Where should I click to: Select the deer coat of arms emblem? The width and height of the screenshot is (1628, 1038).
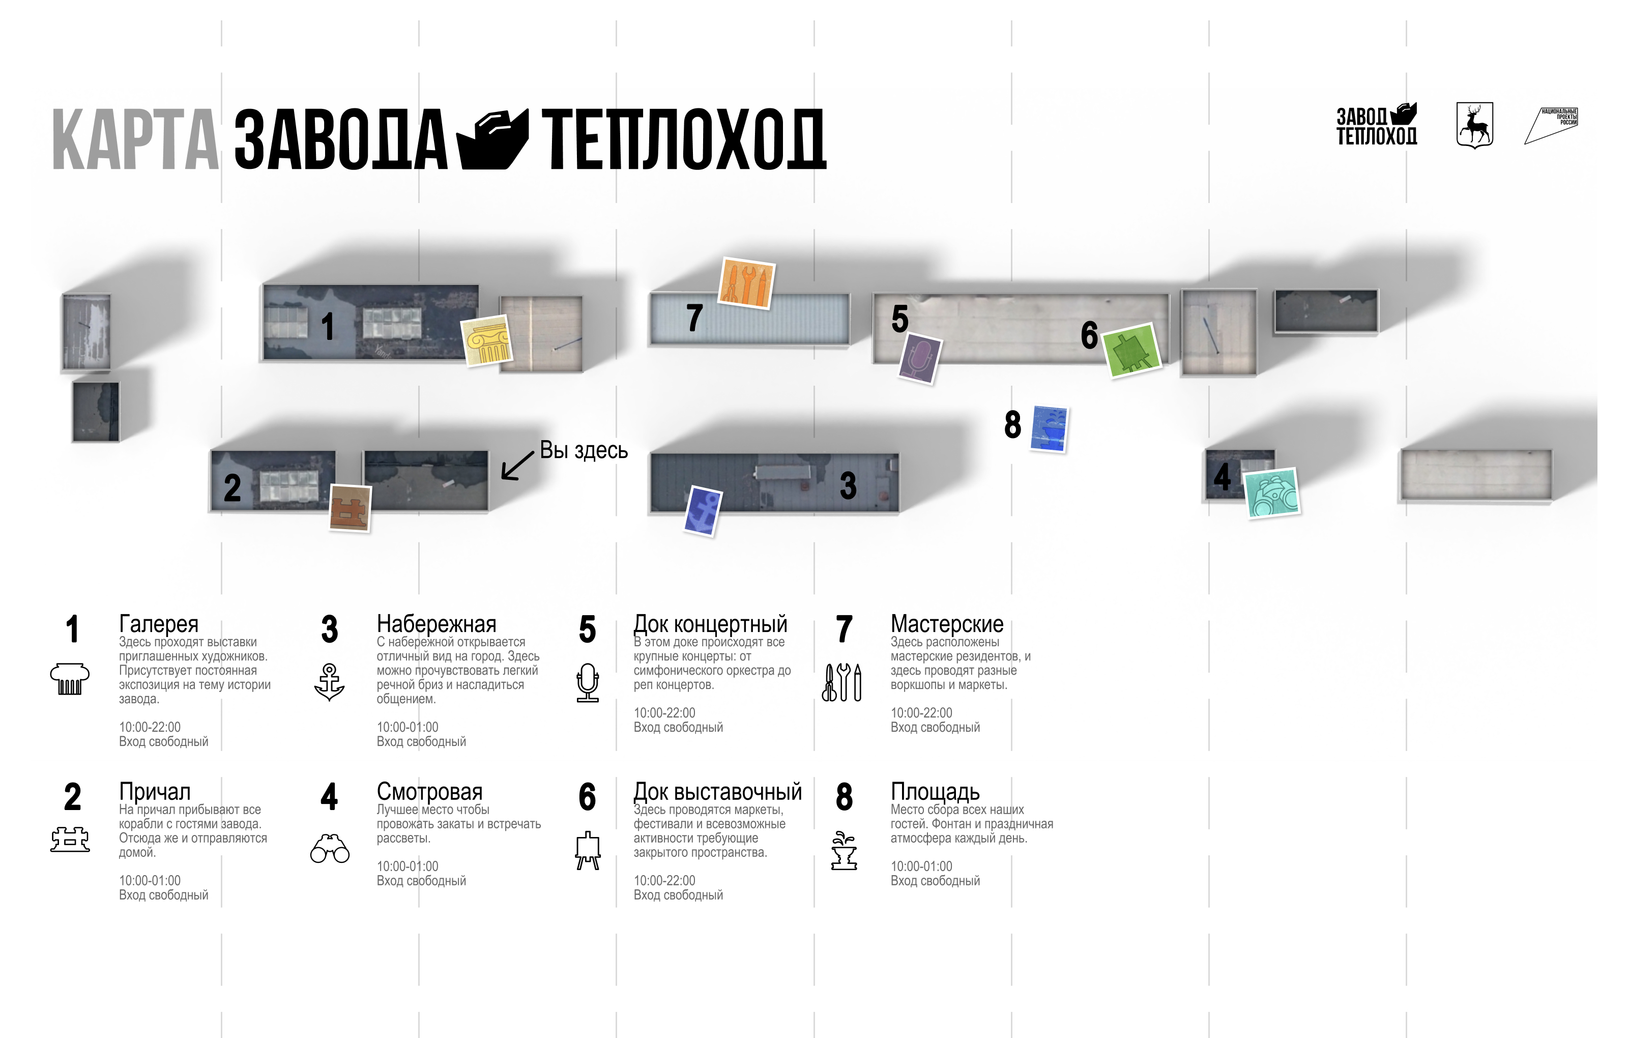(1474, 125)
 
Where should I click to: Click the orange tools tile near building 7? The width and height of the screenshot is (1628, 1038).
(746, 283)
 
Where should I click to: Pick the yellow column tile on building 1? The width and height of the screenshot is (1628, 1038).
(486, 341)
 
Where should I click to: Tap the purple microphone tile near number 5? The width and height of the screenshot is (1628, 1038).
(919, 358)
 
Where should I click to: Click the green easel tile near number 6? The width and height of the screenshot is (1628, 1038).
(1132, 350)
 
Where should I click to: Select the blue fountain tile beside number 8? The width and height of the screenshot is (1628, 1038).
(1049, 429)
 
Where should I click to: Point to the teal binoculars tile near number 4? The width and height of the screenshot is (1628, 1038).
(1272, 493)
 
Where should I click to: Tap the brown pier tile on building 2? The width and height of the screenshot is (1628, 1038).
(350, 508)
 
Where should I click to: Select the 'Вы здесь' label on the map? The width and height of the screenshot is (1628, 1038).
(584, 450)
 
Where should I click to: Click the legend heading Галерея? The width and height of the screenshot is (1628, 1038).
(159, 623)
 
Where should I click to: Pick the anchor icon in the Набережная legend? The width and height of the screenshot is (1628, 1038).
(329, 682)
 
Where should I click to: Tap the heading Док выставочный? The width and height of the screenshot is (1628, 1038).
(717, 791)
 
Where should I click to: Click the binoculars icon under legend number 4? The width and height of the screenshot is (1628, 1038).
(329, 849)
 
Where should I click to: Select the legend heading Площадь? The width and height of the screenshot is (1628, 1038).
(935, 791)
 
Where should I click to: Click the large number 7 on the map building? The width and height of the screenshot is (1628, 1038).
(694, 318)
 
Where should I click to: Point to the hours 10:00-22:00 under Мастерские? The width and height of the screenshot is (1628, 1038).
(921, 713)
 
